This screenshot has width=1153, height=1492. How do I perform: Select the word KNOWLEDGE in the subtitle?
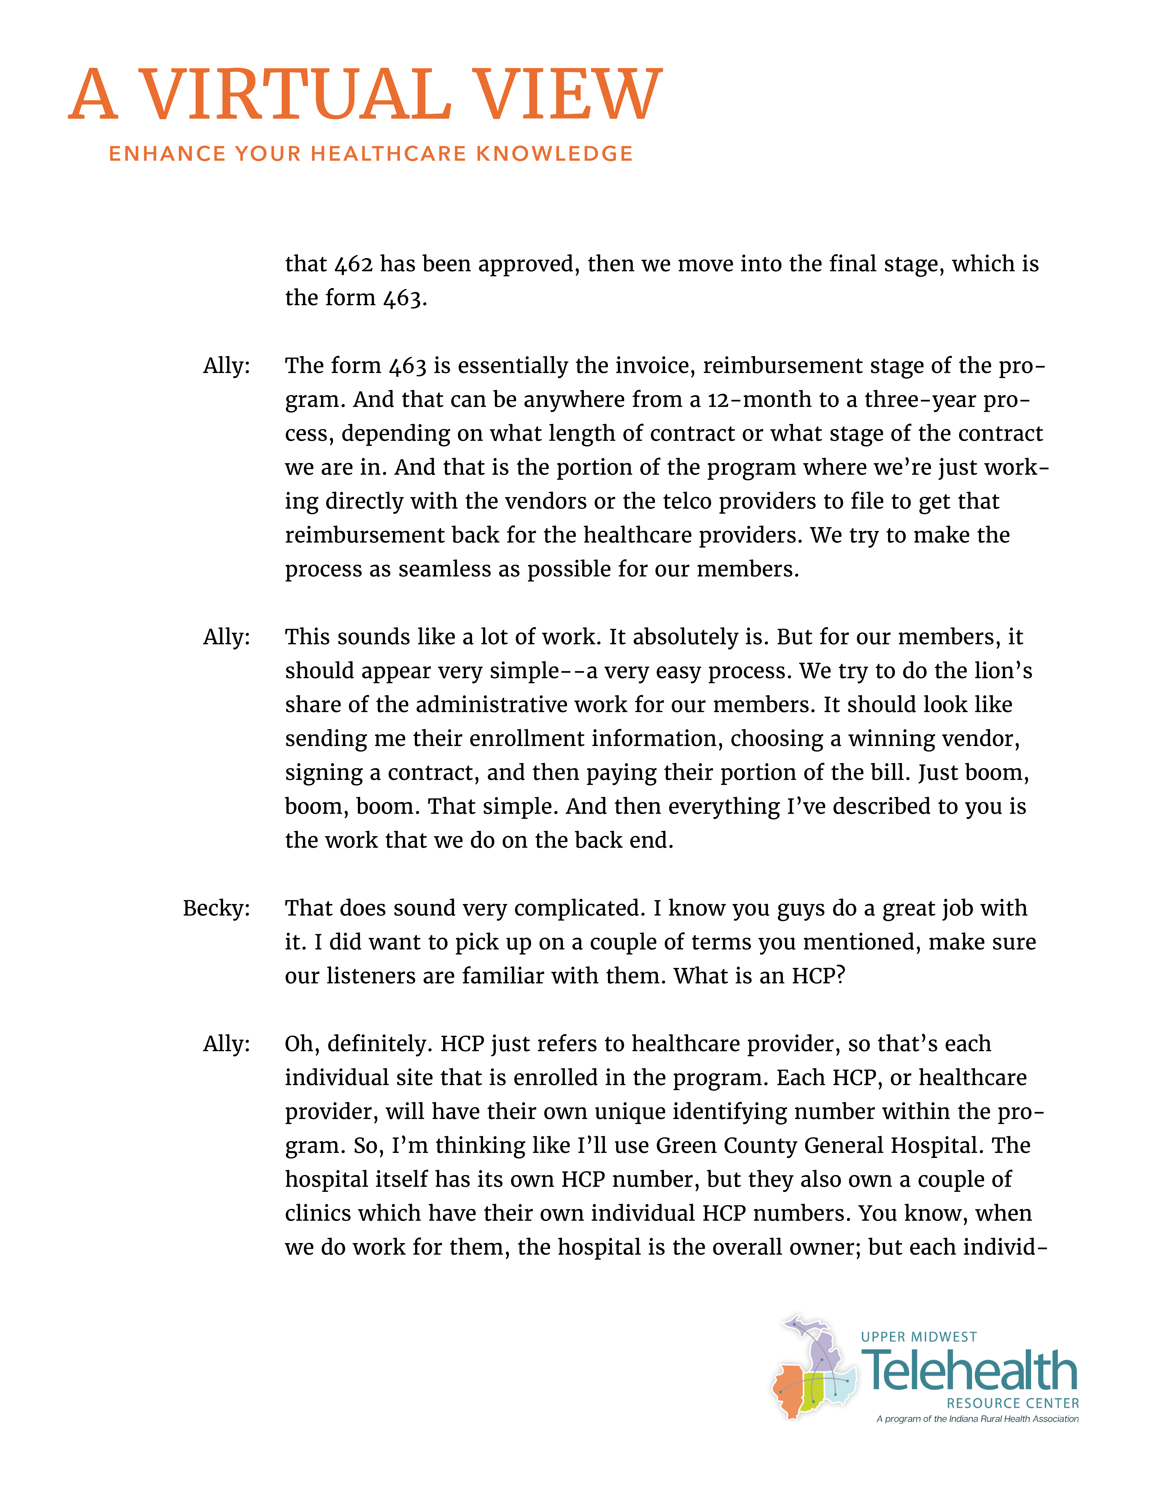click(x=555, y=154)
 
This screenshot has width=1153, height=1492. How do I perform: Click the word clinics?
click(x=318, y=1213)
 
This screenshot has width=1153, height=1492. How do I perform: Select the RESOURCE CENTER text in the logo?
click(x=1012, y=1403)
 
